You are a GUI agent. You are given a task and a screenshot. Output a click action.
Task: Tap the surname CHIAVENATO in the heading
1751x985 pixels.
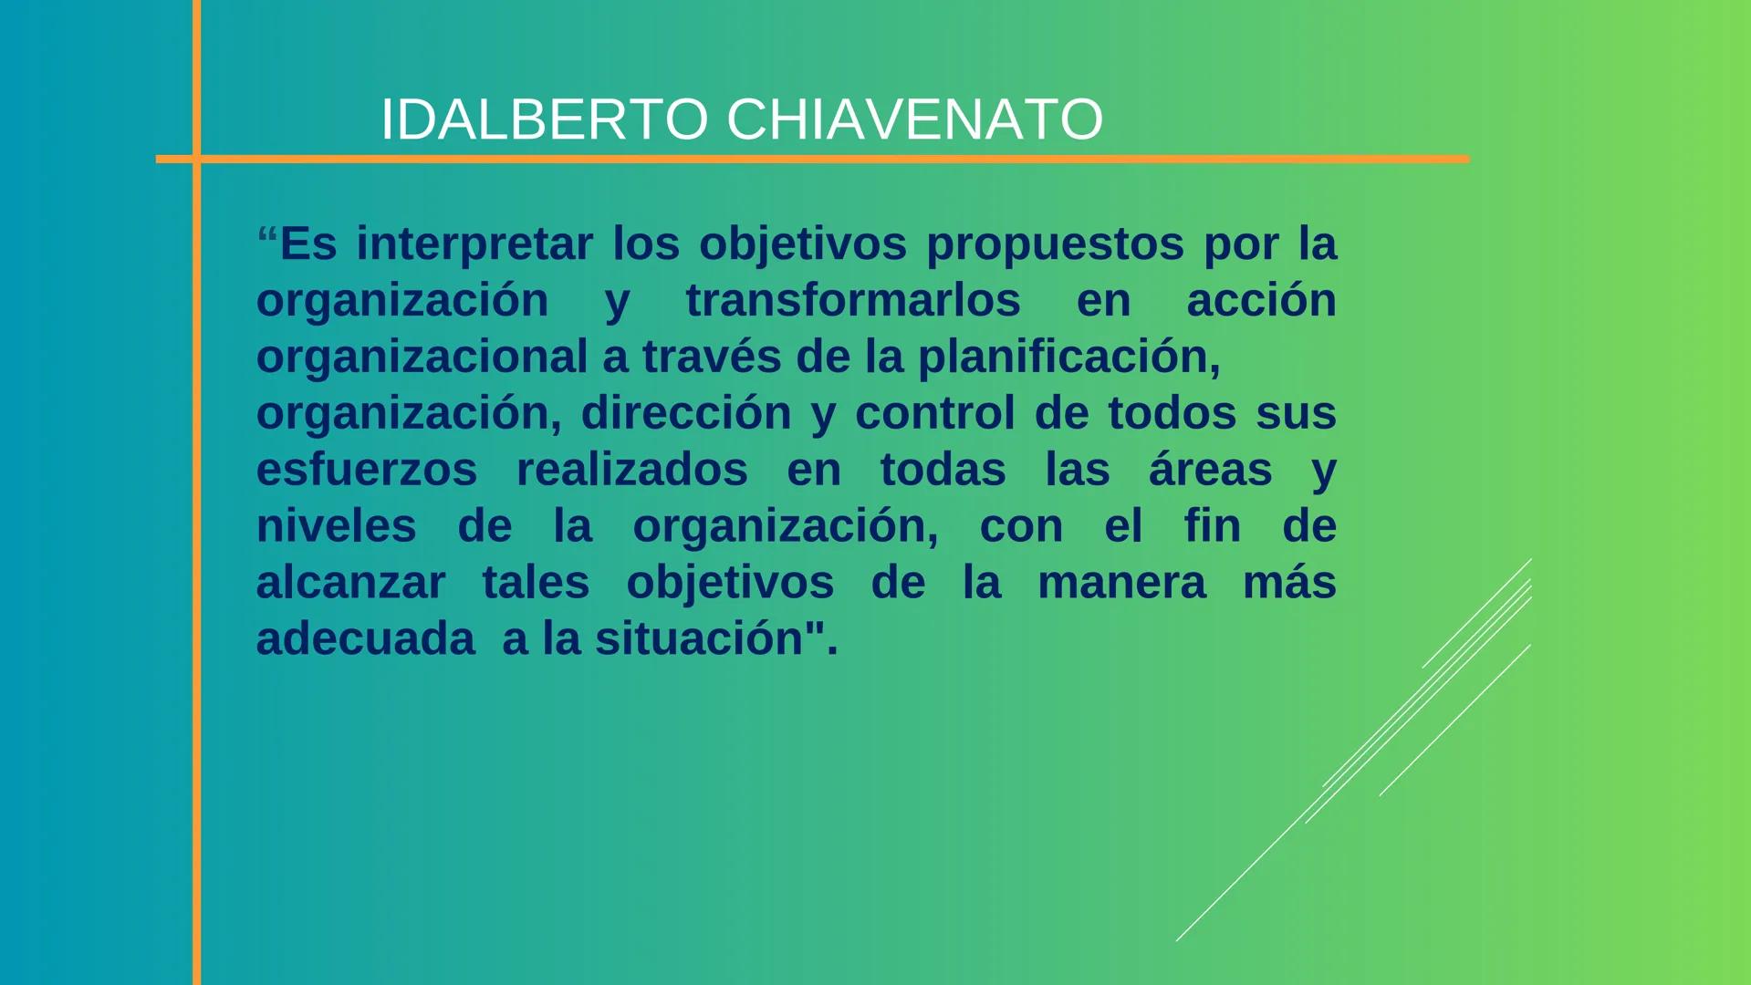(x=914, y=119)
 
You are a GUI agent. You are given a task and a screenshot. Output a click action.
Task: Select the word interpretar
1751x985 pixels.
(x=474, y=244)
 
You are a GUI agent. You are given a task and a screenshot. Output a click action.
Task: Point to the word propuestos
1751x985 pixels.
(x=1055, y=244)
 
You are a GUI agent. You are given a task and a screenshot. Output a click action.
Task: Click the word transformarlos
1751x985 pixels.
(x=853, y=300)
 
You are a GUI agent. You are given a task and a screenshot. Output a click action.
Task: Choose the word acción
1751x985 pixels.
(x=1261, y=300)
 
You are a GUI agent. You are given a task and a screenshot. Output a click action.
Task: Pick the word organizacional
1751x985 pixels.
(x=422, y=357)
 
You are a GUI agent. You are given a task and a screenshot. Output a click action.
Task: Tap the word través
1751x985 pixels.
(x=712, y=357)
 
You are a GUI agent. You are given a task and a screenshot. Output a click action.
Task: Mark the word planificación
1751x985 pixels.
(x=1068, y=357)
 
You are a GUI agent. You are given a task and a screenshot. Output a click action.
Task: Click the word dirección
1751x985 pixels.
(x=686, y=413)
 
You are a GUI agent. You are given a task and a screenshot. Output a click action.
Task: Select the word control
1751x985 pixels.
(x=934, y=413)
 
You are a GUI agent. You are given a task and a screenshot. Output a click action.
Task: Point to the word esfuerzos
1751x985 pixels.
(x=367, y=470)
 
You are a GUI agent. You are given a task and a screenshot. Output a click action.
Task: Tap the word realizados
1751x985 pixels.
(x=631, y=470)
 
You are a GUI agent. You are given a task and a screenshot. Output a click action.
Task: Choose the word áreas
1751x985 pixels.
(x=1210, y=470)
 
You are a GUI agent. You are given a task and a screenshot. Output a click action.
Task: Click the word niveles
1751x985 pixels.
(x=336, y=526)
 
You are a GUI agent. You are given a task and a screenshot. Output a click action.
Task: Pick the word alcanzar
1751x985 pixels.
(x=350, y=583)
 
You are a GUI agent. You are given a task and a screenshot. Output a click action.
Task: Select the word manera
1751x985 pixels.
(x=1121, y=583)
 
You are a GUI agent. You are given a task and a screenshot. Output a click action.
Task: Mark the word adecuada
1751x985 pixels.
(x=365, y=638)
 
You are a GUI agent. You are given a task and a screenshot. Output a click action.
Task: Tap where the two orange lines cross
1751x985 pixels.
(x=196, y=159)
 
